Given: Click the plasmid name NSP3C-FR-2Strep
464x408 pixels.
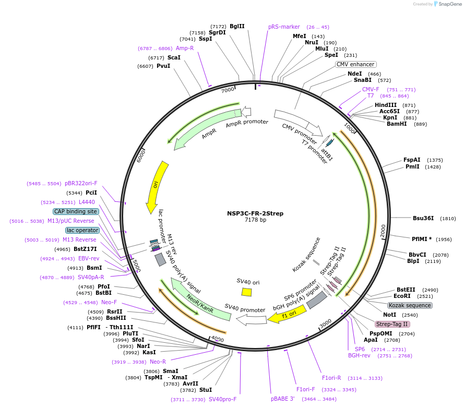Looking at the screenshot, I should click(255, 213).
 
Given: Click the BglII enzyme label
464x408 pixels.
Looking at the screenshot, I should click(237, 26).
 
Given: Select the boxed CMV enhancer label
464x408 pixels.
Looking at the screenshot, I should click(355, 64).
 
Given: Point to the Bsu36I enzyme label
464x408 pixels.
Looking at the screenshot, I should click(423, 218).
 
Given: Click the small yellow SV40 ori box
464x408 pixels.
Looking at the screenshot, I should click(247, 292).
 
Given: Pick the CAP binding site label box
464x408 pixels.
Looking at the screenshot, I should click(76, 211).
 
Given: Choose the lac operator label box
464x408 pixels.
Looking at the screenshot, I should click(82, 230).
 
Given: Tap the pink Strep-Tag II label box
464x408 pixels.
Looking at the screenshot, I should click(392, 324).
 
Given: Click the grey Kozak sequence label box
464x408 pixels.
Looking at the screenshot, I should click(410, 305).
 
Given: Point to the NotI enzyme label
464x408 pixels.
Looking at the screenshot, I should click(389, 315).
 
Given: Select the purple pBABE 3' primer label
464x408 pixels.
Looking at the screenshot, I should click(282, 399).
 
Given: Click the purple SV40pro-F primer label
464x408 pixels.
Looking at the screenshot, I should click(223, 399).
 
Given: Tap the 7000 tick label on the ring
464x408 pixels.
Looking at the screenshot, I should click(228, 90).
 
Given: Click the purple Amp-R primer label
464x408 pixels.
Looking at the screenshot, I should click(185, 48).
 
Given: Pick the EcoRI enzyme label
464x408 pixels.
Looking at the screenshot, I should click(402, 296).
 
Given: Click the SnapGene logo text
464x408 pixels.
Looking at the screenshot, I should click(449, 4).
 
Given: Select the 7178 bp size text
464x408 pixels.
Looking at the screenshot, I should click(255, 220).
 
